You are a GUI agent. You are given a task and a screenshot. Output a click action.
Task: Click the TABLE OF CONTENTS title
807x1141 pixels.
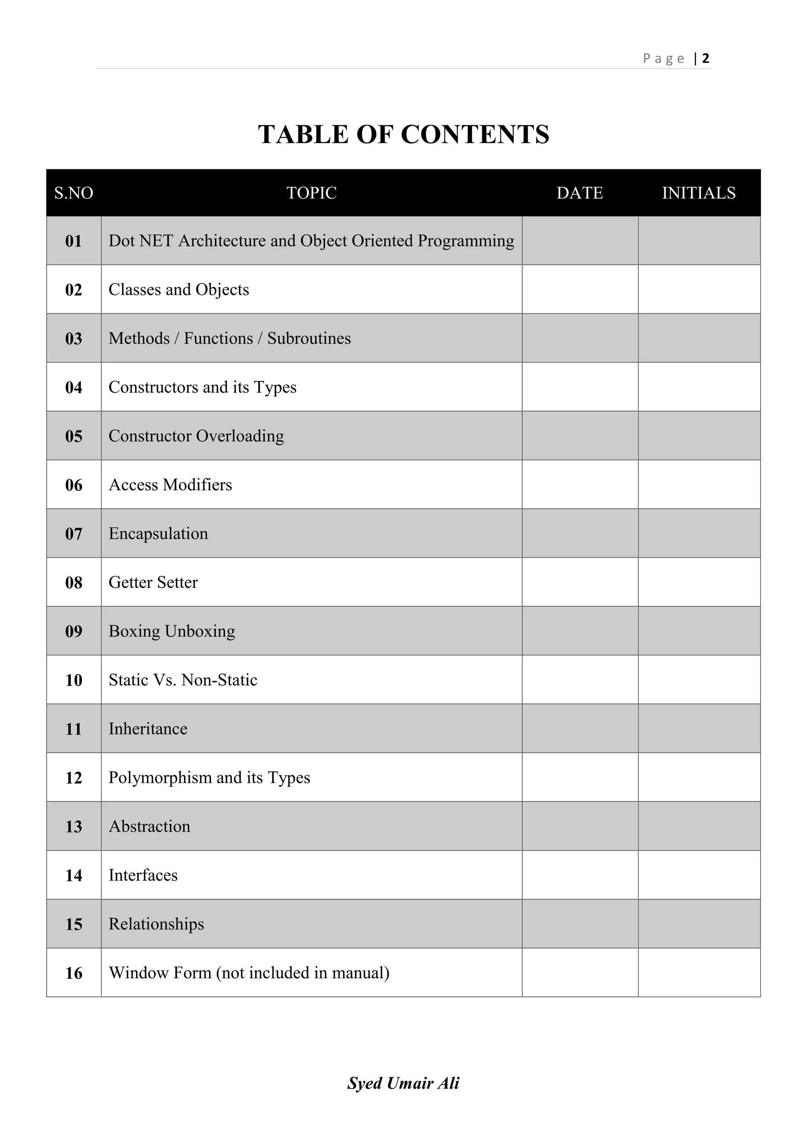click(403, 134)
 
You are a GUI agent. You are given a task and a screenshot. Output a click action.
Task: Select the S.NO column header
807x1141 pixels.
click(74, 193)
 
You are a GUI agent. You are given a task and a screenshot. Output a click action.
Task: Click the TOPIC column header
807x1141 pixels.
click(312, 193)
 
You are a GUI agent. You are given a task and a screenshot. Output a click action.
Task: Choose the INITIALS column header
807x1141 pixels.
click(699, 193)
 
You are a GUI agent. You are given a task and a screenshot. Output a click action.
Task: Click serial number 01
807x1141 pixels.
click(74, 241)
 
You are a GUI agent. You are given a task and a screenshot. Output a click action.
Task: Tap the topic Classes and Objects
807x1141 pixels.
click(179, 289)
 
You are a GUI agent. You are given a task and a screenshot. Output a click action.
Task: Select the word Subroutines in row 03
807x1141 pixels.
click(309, 338)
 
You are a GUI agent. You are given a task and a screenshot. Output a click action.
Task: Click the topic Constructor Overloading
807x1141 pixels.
click(196, 436)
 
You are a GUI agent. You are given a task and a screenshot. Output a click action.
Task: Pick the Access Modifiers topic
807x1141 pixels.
click(171, 485)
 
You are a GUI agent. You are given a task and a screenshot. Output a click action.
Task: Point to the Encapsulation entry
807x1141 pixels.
click(158, 533)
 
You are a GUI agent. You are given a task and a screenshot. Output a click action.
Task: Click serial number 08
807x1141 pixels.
click(74, 582)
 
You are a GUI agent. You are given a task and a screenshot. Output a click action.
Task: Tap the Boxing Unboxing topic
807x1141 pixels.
click(172, 631)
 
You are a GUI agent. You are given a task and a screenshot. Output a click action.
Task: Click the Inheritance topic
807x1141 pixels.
click(148, 728)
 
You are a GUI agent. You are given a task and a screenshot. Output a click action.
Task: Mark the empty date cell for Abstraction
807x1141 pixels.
click(580, 826)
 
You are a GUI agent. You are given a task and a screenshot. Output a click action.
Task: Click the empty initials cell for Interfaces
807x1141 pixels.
click(699, 875)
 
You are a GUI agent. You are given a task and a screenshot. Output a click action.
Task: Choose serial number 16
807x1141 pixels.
click(74, 973)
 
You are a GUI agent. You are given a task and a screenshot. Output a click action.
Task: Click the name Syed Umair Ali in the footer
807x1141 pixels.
click(403, 1083)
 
